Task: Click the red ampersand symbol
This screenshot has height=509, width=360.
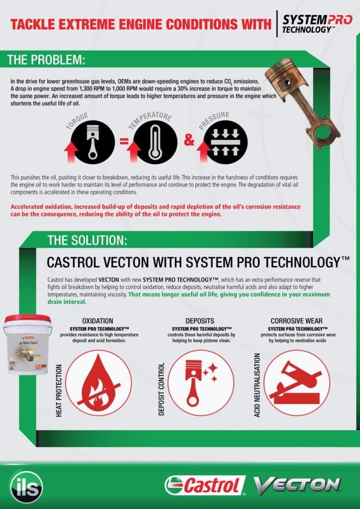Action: point(189,141)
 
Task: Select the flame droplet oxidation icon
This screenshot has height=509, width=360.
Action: point(98,382)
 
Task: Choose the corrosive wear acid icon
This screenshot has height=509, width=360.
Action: point(297,382)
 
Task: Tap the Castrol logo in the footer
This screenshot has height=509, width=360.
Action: point(205,485)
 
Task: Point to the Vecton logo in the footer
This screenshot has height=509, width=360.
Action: point(296,485)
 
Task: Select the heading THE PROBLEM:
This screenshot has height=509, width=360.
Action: point(46,60)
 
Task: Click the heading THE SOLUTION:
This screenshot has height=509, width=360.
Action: point(88,241)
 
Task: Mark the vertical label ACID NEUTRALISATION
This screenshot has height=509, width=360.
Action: point(257,385)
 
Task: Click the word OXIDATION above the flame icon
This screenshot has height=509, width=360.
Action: point(97,321)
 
